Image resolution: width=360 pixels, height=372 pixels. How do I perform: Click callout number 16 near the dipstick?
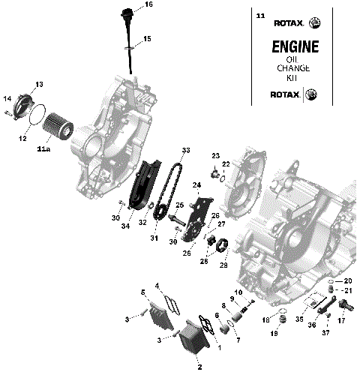[x=148, y=5]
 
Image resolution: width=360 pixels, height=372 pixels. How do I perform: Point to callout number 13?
[x=40, y=84]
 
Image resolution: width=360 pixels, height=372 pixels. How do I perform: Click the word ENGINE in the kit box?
[x=294, y=46]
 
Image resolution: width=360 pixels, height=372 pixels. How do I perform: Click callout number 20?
[x=347, y=280]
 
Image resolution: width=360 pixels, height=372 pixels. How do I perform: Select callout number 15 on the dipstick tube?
[x=147, y=38]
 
